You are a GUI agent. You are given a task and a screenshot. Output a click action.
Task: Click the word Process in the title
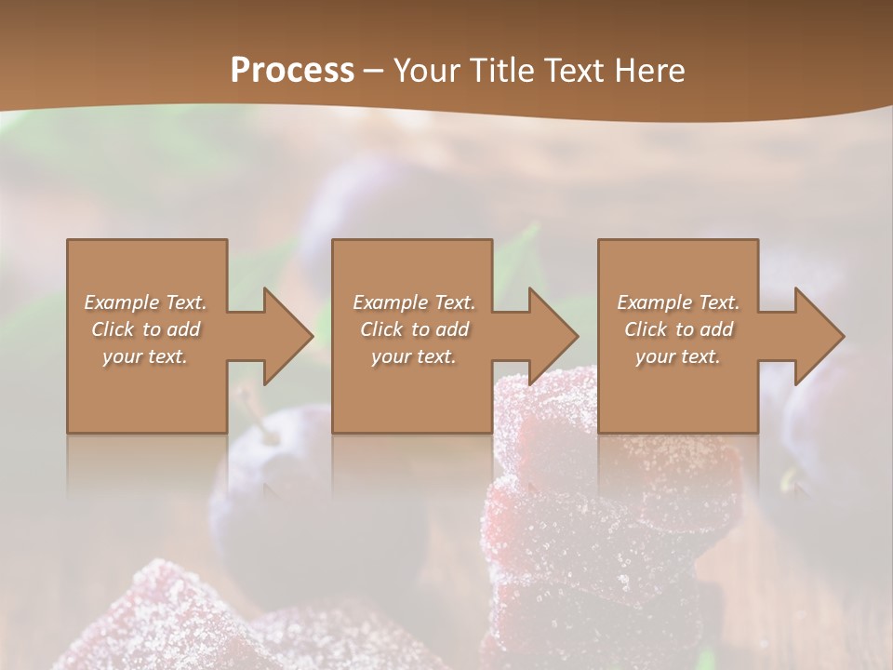click(x=292, y=71)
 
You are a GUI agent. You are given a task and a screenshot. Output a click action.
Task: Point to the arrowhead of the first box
click(x=288, y=336)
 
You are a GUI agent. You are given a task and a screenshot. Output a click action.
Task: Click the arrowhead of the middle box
click(x=554, y=336)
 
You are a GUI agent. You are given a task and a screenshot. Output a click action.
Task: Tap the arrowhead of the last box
click(x=820, y=336)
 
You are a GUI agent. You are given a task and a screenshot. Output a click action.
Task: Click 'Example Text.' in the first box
click(x=146, y=302)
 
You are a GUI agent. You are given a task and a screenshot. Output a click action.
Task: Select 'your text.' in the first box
click(x=146, y=356)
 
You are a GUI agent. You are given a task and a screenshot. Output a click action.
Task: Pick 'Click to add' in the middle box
click(x=415, y=329)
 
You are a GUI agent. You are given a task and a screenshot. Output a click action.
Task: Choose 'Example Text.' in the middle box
click(x=415, y=302)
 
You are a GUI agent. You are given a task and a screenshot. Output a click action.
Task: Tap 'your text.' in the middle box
click(x=415, y=356)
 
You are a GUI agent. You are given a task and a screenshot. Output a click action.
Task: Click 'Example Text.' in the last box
click(x=679, y=302)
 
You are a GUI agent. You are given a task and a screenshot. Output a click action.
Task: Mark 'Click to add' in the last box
click(x=679, y=329)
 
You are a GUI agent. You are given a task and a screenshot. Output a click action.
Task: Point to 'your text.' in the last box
click(x=679, y=356)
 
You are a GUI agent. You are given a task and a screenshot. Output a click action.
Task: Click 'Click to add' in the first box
click(x=146, y=329)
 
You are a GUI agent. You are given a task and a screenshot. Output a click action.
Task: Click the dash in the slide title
click(x=374, y=71)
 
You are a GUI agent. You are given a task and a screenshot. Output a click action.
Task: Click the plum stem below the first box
click(x=249, y=406)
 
